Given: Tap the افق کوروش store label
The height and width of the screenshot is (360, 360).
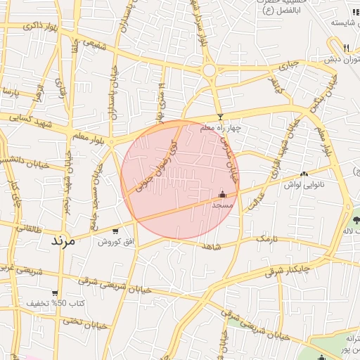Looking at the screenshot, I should [115, 241].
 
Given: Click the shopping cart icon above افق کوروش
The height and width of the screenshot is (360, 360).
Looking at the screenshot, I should [115, 230].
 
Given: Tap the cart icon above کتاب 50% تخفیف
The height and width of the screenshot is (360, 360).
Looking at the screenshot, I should [55, 292].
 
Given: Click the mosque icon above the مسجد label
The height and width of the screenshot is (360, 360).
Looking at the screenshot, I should [223, 194].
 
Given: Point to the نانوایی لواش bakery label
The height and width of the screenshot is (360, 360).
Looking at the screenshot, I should [309, 184].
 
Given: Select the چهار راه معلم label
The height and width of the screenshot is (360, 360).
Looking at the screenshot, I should [220, 129].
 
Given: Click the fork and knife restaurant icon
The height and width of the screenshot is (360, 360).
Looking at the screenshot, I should [347, 48].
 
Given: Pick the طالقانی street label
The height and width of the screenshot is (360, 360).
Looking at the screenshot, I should [27, 229].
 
